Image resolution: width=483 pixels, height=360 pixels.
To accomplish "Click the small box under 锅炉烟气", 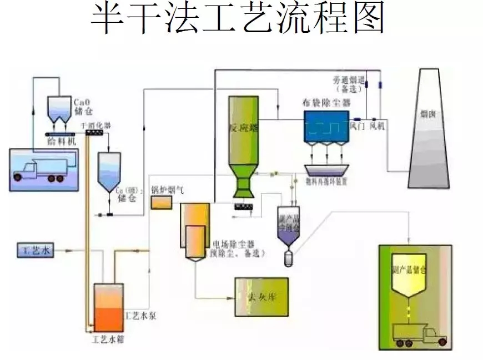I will tap(162, 203).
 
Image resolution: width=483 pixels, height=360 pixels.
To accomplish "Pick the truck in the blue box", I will tap(41, 168).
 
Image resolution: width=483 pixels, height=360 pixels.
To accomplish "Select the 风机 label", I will tap(377, 127).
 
